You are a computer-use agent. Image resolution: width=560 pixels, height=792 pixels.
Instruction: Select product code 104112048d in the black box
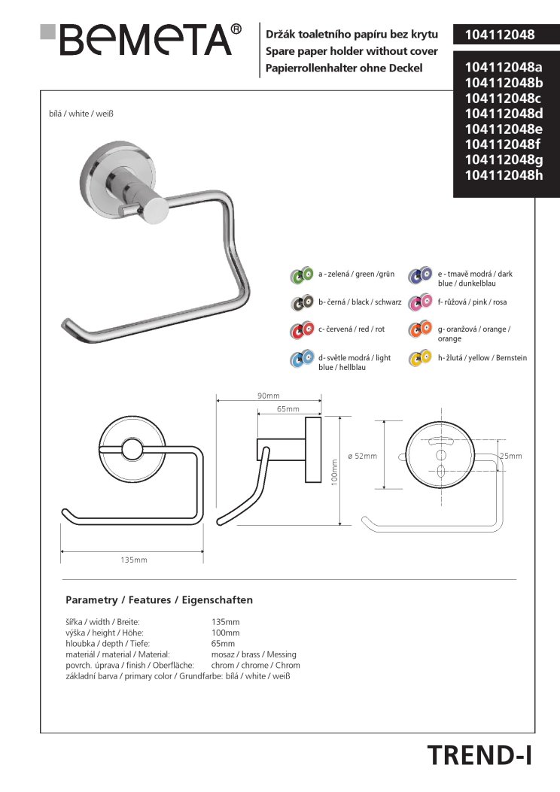tap(504, 114)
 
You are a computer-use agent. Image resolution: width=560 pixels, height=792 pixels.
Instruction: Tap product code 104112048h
tap(504, 175)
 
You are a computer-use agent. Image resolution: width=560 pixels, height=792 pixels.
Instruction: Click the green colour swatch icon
tap(302, 276)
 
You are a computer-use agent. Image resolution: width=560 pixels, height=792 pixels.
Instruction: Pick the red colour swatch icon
tap(302, 330)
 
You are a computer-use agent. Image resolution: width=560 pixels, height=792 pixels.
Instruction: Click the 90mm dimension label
tap(268, 396)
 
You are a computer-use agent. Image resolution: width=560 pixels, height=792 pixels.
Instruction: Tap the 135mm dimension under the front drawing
tap(134, 560)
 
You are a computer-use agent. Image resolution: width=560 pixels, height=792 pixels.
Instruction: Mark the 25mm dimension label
tap(510, 457)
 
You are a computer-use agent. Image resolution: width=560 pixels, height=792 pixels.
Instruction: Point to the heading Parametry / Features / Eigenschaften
tap(159, 600)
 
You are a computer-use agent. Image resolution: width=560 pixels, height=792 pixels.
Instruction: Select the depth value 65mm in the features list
tap(224, 644)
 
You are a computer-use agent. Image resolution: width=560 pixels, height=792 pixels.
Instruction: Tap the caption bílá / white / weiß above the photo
tap(81, 114)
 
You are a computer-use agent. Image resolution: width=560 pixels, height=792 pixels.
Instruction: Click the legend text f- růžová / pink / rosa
tap(472, 302)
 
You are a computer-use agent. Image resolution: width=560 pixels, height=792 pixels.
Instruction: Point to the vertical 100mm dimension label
tap(333, 472)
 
